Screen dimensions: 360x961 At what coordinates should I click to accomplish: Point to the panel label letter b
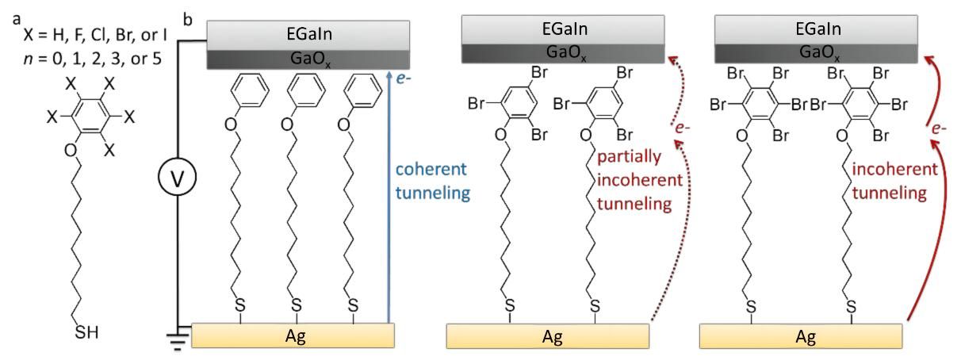[187, 18]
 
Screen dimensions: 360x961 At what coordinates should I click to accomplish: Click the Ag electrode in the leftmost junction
[293, 336]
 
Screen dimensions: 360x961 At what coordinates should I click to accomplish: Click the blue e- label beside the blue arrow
[404, 79]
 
